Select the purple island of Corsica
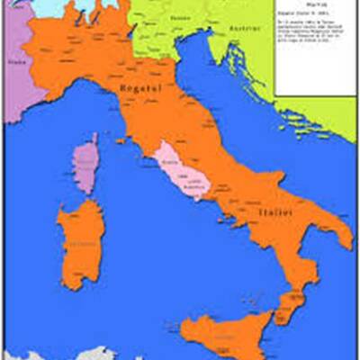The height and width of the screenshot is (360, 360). pos(85,163)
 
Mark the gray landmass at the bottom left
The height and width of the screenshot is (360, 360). pos(36,353)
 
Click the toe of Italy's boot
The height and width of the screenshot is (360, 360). pos(289,306)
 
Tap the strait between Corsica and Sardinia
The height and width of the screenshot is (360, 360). pos(81,197)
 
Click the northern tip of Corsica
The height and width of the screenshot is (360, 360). pos(91,136)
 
